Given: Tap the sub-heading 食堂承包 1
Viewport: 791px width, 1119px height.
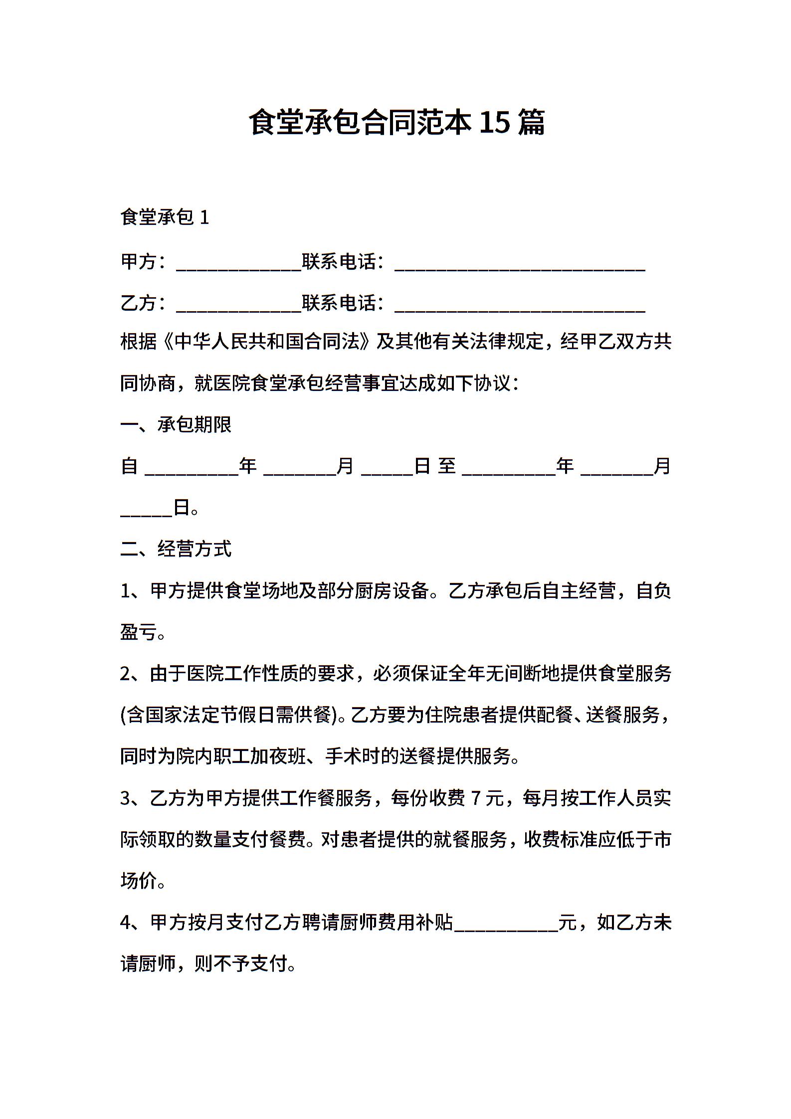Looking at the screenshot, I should [165, 217].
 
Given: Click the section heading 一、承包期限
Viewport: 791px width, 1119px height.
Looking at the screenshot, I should [176, 425].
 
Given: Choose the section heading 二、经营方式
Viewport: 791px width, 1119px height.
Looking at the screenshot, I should [176, 549].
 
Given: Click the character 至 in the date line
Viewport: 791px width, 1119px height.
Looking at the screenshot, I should [447, 467].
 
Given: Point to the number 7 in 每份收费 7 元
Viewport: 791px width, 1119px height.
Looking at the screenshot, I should [475, 798].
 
